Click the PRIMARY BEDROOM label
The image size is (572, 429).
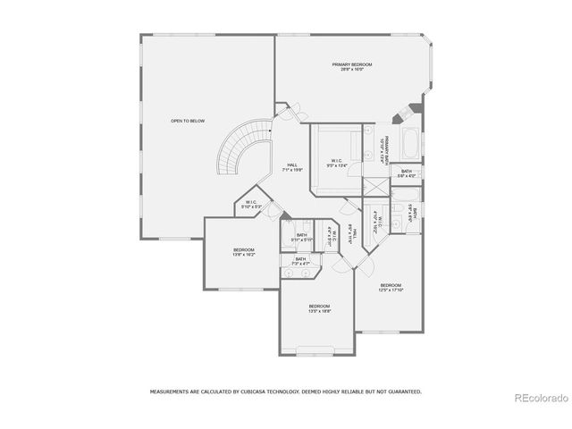[x=351, y=67]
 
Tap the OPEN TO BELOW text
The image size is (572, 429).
[x=185, y=121]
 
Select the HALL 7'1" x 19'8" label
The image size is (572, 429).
[x=292, y=166]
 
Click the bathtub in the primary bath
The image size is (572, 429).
[x=409, y=143]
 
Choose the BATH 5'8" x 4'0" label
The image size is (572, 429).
[x=407, y=173]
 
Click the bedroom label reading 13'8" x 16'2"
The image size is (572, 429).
[x=244, y=252]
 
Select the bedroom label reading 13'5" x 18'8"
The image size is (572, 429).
[x=319, y=308]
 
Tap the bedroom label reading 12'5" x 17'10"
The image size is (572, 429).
[x=391, y=287]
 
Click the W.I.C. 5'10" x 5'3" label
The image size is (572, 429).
[x=251, y=205]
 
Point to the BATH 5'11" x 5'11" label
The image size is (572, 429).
[x=301, y=238]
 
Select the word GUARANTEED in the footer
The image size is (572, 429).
[x=400, y=391]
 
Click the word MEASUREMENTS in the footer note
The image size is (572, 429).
[x=172, y=391]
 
